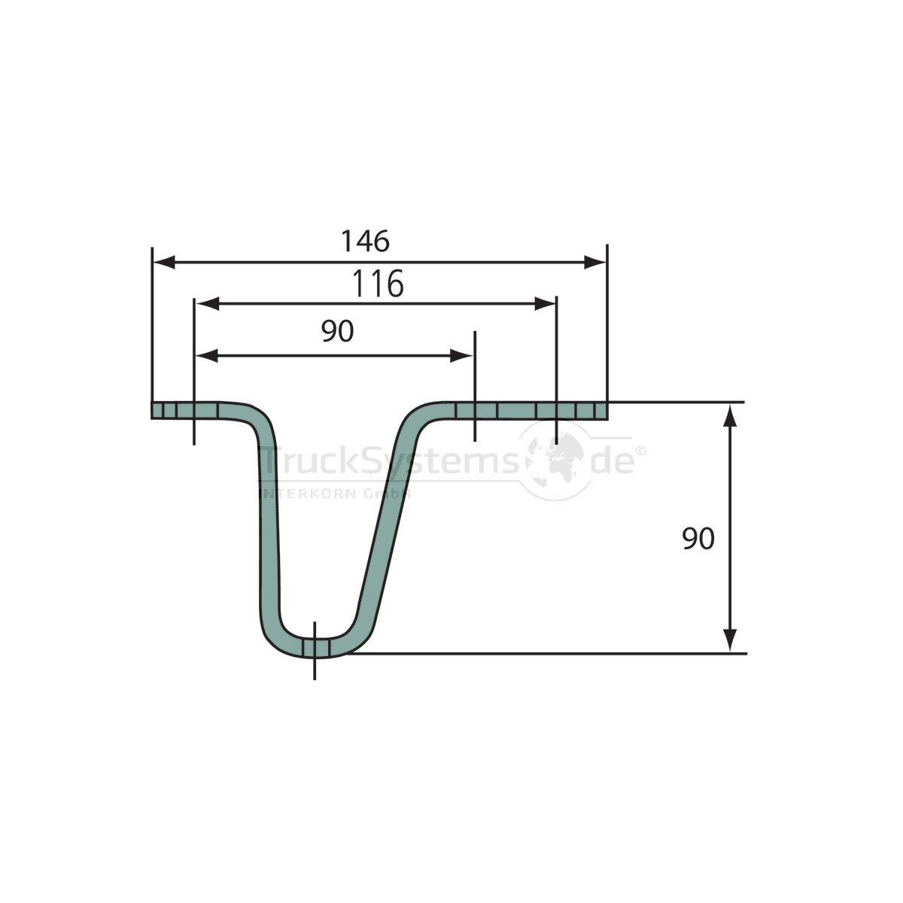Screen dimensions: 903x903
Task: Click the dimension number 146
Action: click(x=365, y=241)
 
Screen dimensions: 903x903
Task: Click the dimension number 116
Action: click(x=378, y=284)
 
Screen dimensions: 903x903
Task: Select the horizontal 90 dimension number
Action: click(x=337, y=331)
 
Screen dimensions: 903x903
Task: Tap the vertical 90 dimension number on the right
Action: click(x=698, y=539)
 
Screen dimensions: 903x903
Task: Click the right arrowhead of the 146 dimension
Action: click(x=594, y=263)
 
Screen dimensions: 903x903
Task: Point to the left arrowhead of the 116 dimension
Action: click(x=207, y=304)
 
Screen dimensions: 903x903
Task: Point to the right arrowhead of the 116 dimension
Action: click(x=545, y=304)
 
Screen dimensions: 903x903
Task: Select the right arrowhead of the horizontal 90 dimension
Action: click(x=461, y=356)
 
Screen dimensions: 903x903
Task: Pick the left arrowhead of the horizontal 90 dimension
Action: click(x=207, y=356)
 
